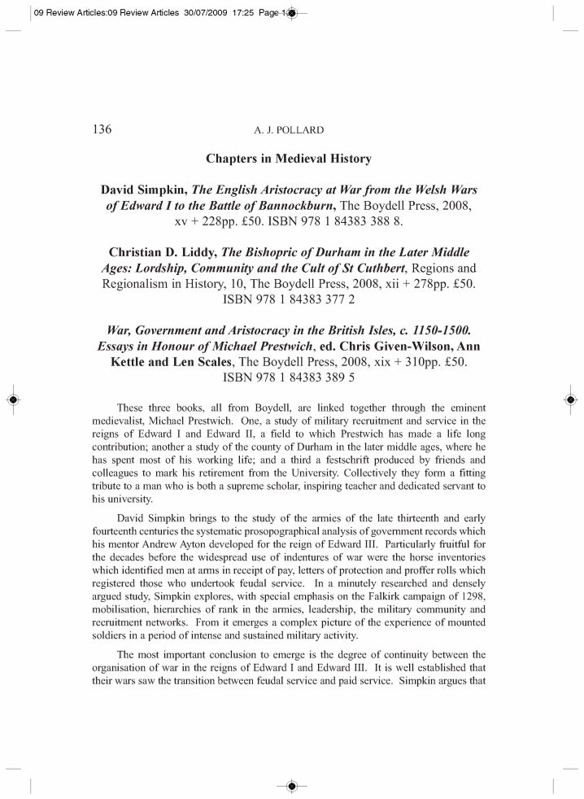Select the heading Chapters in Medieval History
[x=292, y=159]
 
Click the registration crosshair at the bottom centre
[x=291, y=786]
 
